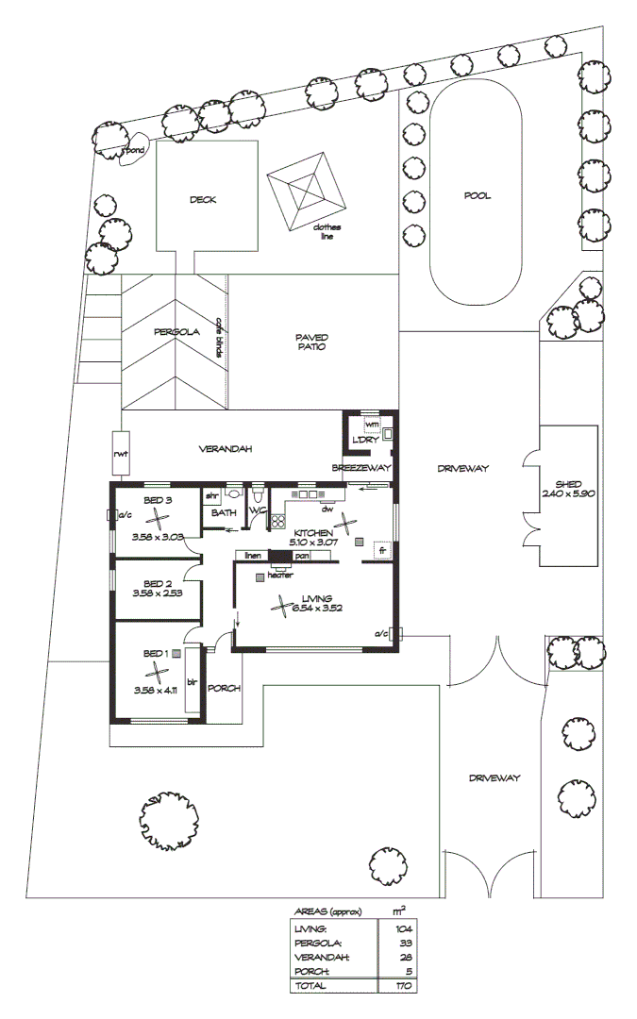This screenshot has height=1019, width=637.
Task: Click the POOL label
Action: pos(478,196)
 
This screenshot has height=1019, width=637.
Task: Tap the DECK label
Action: pos(203,199)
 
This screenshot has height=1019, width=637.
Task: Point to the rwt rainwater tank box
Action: pos(121,454)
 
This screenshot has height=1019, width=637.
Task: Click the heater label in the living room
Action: pos(280,575)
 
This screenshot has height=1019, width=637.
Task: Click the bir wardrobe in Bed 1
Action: pos(192,681)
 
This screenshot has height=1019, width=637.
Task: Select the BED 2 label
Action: pos(158,584)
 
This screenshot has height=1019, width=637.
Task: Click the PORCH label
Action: pos(224,688)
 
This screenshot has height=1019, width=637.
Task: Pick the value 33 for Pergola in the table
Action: pos(405,943)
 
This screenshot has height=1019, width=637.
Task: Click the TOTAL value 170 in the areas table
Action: pos(403,985)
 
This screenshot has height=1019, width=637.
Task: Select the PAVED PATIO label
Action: pos(311,342)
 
